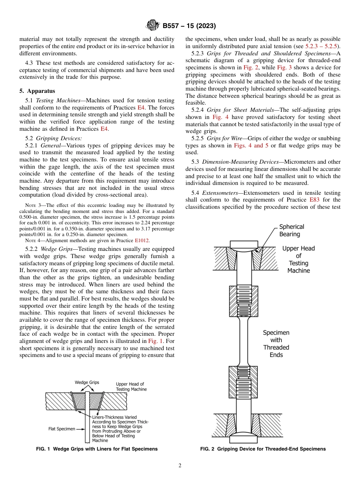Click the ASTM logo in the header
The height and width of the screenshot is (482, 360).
click(153, 26)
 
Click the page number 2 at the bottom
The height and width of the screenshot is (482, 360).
click(180, 466)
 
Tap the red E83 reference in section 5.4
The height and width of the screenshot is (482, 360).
click(315, 200)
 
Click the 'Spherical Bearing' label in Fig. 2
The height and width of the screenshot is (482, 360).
click(292, 230)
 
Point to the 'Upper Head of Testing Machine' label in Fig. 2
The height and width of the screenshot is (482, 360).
click(299, 260)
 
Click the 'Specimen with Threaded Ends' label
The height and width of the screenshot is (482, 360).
click(276, 344)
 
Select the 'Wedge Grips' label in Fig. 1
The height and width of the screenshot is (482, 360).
click(87, 382)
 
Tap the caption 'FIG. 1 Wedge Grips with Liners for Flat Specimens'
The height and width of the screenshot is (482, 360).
click(97, 449)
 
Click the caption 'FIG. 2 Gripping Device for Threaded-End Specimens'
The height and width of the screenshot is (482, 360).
click(263, 449)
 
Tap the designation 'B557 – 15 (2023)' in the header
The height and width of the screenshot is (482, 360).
click(189, 26)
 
